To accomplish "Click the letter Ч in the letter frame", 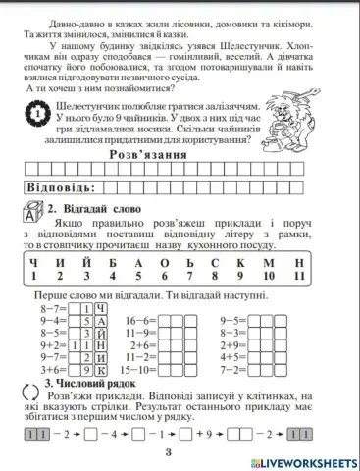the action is pyautogui.click(x=34, y=262).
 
